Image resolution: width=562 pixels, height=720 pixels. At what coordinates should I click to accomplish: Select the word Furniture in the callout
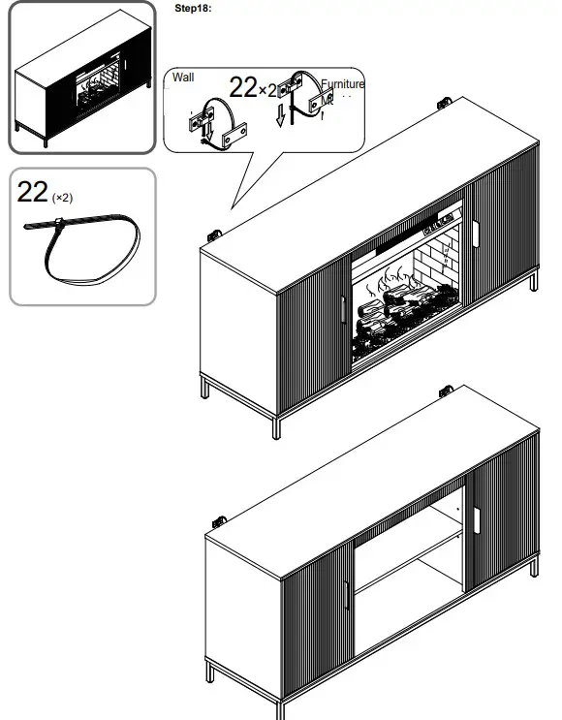click(x=343, y=84)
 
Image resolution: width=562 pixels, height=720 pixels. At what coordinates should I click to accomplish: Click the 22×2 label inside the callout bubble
click(x=254, y=87)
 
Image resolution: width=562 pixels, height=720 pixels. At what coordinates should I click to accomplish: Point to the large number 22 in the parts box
click(x=32, y=192)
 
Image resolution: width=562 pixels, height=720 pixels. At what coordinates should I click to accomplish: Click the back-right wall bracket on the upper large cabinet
click(x=448, y=102)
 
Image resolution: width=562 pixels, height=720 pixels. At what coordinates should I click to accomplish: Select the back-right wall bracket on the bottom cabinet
click(x=447, y=391)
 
